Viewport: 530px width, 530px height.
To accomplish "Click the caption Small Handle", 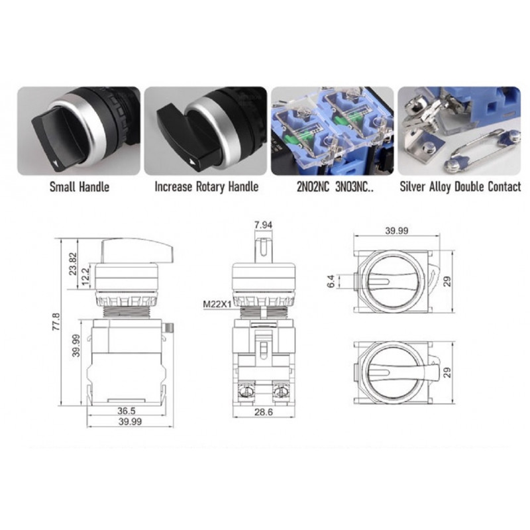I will [x=79, y=187].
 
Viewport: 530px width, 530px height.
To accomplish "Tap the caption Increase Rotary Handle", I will [x=205, y=187].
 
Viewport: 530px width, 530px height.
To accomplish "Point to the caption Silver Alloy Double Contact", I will [x=460, y=187].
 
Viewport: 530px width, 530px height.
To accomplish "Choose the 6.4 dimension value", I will [x=329, y=282].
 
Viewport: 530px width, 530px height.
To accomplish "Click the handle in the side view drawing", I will [x=136, y=251].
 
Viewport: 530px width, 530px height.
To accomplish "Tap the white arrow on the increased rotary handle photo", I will [x=192, y=160].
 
